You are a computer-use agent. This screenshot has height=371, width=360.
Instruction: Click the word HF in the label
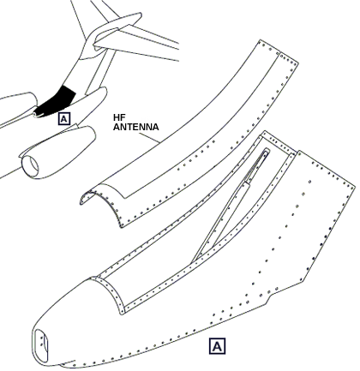click(x=117, y=117)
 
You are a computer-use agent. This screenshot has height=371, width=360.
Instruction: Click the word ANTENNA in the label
click(x=136, y=127)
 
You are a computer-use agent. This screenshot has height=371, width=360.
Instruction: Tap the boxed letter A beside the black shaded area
click(x=64, y=118)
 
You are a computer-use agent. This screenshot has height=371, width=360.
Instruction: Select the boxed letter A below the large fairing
click(x=217, y=346)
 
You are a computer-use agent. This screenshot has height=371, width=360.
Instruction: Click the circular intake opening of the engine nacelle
click(x=30, y=166)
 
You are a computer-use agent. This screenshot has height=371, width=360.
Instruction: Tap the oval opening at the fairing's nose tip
click(x=41, y=346)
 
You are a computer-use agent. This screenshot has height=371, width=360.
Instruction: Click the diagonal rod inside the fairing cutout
click(x=231, y=206)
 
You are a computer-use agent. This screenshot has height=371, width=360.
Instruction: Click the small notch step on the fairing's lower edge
click(x=267, y=300)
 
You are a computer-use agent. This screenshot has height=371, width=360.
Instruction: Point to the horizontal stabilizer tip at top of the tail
click(x=137, y=16)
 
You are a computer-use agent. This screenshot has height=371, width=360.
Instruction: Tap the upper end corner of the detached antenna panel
click(x=261, y=40)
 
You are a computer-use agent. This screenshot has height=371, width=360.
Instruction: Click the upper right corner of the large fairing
click(x=355, y=183)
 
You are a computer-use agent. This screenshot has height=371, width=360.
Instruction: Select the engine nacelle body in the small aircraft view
click(x=58, y=152)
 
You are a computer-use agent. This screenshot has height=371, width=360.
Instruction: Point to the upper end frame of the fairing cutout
click(x=279, y=143)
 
